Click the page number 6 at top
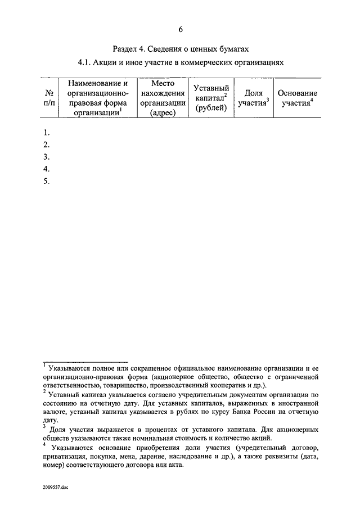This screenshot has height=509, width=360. point(181,30)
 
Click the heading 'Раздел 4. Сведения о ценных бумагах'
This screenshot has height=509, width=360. point(180,49)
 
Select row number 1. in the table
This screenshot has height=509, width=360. point(47,133)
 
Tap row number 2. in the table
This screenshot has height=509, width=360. point(47,145)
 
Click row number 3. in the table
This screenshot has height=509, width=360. point(47,157)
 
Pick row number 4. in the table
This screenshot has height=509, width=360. point(47,169)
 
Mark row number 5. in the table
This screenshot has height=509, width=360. point(47,181)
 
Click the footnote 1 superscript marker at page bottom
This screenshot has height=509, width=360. point(44,364)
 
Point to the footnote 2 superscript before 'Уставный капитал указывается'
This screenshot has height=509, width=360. point(44,392)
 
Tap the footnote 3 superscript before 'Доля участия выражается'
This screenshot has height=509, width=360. point(44,427)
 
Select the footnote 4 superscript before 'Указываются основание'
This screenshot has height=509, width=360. point(44,444)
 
